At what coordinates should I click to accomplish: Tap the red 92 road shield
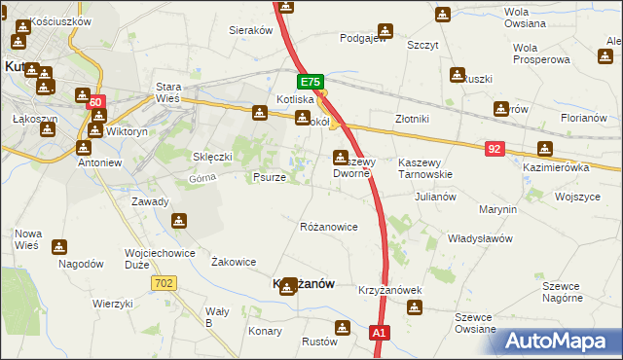tap(496, 148)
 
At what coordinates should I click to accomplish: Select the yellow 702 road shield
tap(164, 282)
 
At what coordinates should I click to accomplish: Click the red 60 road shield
tap(94, 102)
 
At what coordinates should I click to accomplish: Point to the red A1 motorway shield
tap(381, 333)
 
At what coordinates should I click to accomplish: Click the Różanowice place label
tap(328, 227)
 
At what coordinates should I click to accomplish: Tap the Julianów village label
tap(435, 196)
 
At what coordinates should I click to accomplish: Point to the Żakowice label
tap(234, 262)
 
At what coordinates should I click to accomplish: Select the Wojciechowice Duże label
tap(155, 258)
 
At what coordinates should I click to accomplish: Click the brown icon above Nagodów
tap(60, 247)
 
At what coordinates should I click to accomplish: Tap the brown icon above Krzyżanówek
tap(415, 308)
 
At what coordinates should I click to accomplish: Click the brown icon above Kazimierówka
tap(544, 150)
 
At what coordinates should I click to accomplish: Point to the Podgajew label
tap(363, 39)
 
